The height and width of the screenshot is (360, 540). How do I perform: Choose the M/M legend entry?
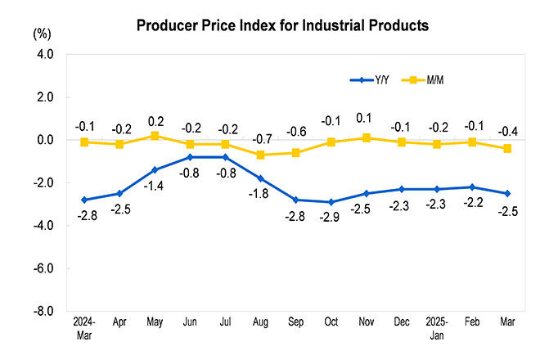(434, 79)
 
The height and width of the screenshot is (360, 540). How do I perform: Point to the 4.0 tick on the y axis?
(44, 54)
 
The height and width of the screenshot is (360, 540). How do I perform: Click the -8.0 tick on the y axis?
(43, 312)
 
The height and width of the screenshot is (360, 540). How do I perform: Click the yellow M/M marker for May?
(155, 136)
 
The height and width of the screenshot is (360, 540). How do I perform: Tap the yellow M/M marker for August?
(261, 155)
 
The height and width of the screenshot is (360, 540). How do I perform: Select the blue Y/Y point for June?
(190, 157)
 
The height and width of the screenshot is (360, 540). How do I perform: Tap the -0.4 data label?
(508, 131)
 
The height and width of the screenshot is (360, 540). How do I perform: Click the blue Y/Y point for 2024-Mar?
(84, 200)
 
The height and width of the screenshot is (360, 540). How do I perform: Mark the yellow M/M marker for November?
(367, 137)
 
